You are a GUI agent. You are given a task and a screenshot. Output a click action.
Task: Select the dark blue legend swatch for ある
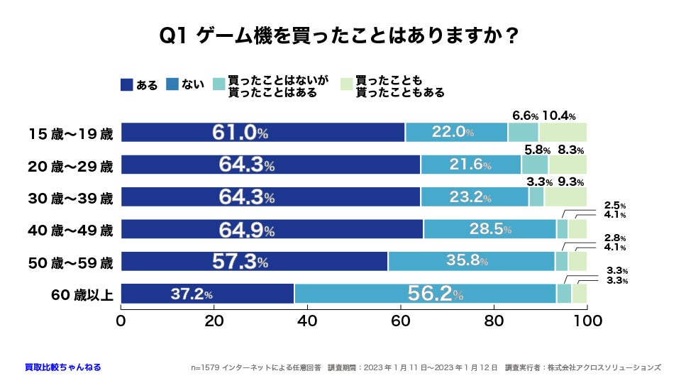pos(127,84)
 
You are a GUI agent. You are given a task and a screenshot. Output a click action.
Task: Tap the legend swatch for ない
pos(172,84)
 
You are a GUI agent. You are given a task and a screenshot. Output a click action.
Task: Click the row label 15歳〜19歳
pos(70,133)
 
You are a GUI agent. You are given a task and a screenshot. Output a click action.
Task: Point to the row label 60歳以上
pos(81,294)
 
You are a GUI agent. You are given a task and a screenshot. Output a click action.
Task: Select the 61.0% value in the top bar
pos(240,133)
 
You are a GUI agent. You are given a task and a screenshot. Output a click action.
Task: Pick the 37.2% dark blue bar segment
pos(207,294)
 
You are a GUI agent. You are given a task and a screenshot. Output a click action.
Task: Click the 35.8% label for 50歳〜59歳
pos(467,261)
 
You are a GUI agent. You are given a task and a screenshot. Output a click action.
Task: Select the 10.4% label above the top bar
pos(558,116)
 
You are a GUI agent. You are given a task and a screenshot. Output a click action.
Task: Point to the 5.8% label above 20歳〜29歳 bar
pos(536,150)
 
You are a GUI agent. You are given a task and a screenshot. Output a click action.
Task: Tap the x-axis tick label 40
pos(306,321)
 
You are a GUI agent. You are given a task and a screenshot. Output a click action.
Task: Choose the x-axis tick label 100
pos(587,321)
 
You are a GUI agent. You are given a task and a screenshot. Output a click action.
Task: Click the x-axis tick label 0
pos(121,321)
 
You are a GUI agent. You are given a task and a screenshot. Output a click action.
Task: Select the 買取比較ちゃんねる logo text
pos(62,367)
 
